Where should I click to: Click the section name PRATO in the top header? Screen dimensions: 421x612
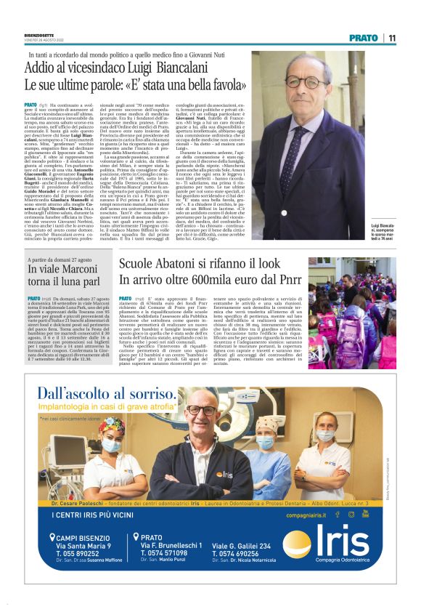click(364, 38)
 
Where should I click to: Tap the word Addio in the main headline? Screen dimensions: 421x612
click(61, 70)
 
